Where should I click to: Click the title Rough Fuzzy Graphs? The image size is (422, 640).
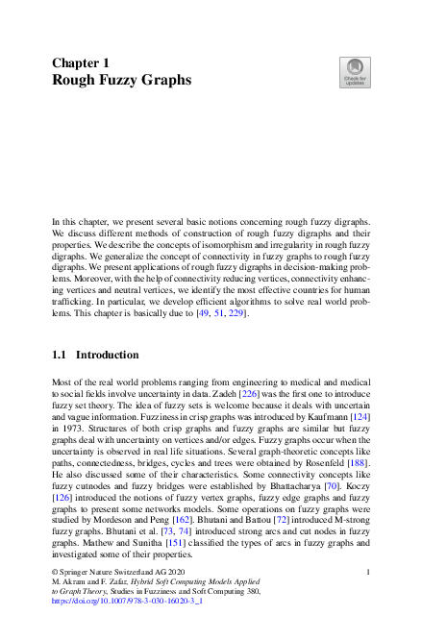click(121, 80)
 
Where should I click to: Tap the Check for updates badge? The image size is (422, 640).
click(354, 73)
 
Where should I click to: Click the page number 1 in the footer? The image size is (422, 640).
click(369, 598)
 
